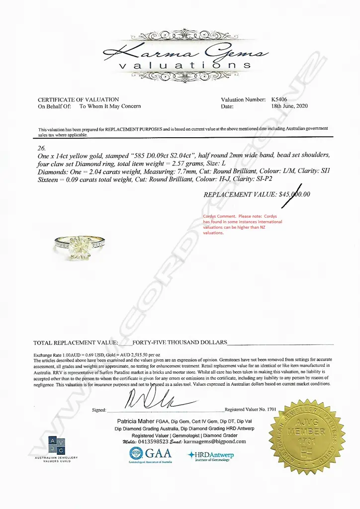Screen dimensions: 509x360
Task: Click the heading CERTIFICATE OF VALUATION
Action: pyautogui.click(x=79, y=99)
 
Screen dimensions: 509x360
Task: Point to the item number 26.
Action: pyautogui.click(x=42, y=148)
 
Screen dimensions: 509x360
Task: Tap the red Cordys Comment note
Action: pyautogui.click(x=242, y=224)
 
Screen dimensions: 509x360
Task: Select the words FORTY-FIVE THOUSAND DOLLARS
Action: pyautogui.click(x=180, y=342)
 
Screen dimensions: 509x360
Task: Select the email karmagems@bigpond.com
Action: pyautogui.click(x=215, y=441)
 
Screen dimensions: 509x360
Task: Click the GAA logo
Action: pyautogui.click(x=150, y=454)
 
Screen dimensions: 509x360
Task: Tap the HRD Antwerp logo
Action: pyautogui.click(x=211, y=455)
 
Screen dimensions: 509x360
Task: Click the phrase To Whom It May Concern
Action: pyautogui.click(x=110, y=106)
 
